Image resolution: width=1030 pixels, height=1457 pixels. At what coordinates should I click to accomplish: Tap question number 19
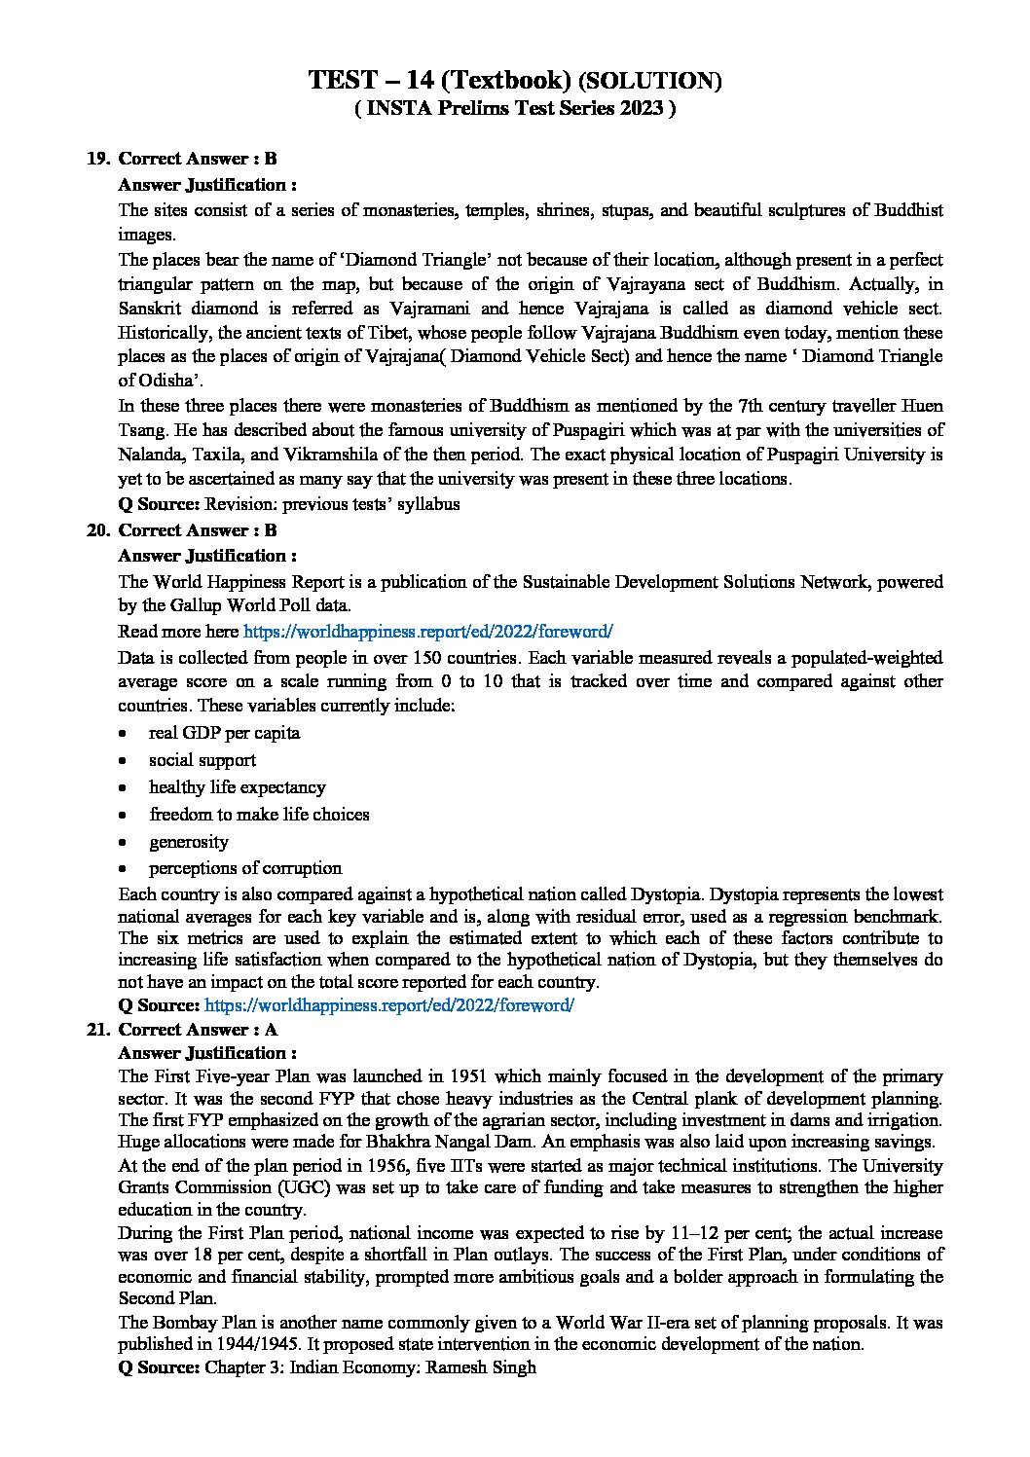pyautogui.click(x=98, y=159)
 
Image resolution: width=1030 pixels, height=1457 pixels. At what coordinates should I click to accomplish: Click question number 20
pyautogui.click(x=98, y=530)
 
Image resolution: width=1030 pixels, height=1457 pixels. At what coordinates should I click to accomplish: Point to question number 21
pyautogui.click(x=98, y=1029)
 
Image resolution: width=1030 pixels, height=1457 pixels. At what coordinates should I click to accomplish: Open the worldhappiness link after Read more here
pyautogui.click(x=427, y=631)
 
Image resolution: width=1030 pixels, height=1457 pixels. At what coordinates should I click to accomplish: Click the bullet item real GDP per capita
pyautogui.click(x=224, y=733)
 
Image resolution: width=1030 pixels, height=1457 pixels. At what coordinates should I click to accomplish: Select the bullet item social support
pyautogui.click(x=202, y=760)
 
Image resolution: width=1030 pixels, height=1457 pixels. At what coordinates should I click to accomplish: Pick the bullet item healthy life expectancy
pyautogui.click(x=237, y=787)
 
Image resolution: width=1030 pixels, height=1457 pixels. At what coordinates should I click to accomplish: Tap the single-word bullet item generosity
pyautogui.click(x=189, y=842)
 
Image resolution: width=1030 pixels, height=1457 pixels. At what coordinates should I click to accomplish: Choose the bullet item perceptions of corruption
pyautogui.click(x=245, y=868)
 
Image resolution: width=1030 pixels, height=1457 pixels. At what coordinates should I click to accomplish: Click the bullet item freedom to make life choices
pyautogui.click(x=259, y=815)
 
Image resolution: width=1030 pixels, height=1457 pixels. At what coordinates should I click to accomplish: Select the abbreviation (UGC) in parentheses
pyautogui.click(x=280, y=1187)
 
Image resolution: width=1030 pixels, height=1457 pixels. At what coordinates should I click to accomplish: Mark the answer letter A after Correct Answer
pyautogui.click(x=271, y=1029)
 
